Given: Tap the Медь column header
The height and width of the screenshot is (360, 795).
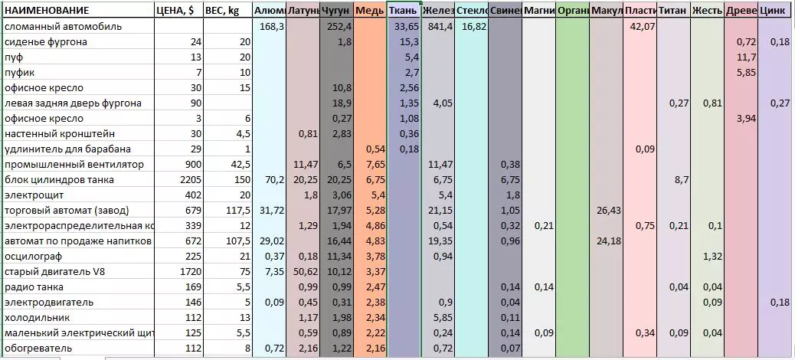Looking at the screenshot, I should point(370,11).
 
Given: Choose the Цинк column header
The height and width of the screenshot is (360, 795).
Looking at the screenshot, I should point(775,11).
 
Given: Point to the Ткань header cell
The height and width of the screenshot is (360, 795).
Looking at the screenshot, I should point(403,11).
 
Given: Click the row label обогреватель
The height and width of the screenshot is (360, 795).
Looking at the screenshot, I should point(38,348).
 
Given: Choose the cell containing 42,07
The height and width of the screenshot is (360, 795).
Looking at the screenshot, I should point(640,26).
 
